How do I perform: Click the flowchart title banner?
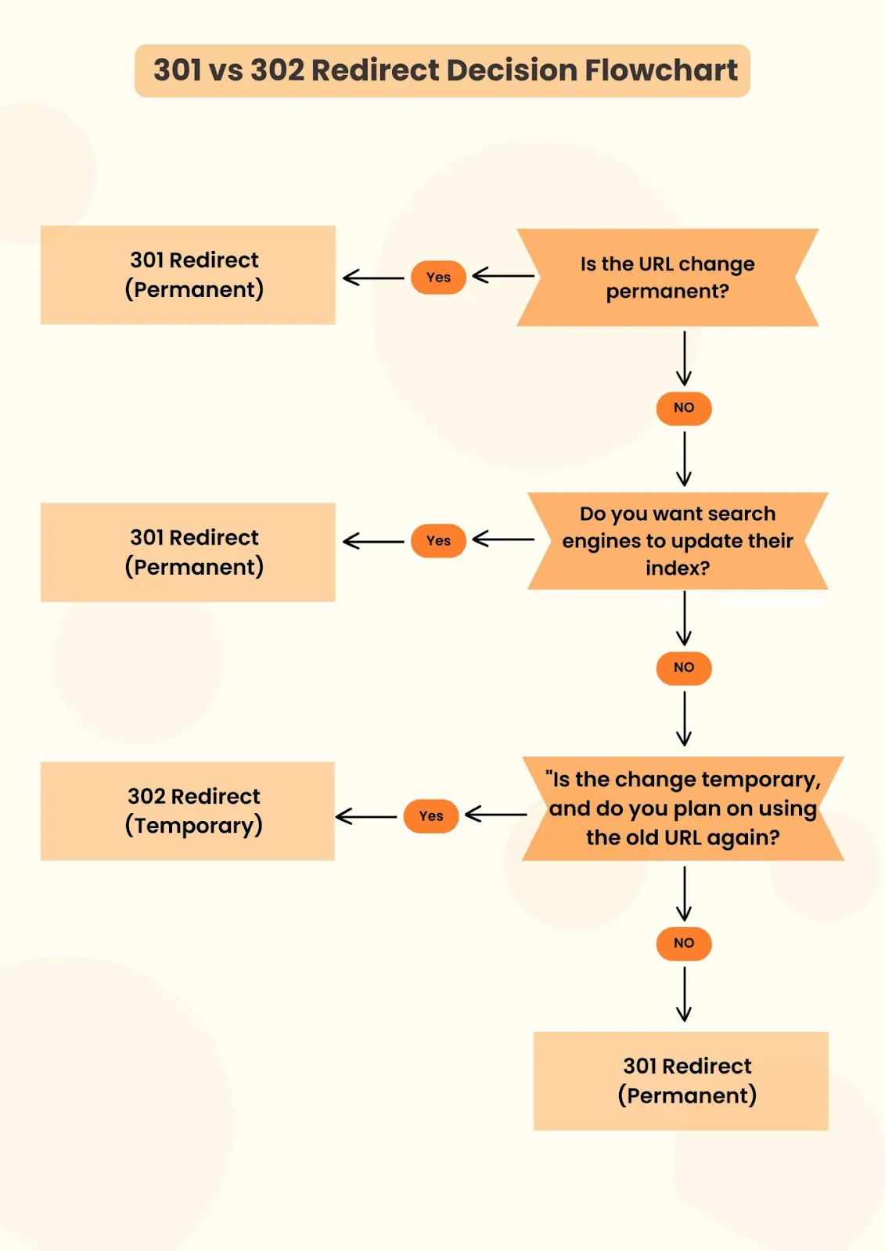pyautogui.click(x=442, y=70)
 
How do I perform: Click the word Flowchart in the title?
pyautogui.click(x=661, y=70)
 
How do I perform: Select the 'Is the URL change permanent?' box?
pyautogui.click(x=667, y=278)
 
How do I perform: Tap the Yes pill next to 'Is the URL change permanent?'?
pyautogui.click(x=438, y=278)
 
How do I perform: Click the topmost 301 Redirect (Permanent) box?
pyautogui.click(x=188, y=275)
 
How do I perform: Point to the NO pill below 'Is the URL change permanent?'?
pyautogui.click(x=684, y=408)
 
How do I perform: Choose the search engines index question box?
pyautogui.click(x=678, y=541)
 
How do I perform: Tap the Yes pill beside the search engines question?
pyautogui.click(x=438, y=541)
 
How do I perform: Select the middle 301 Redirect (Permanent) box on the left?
pyautogui.click(x=188, y=552)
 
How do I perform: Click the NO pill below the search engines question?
pyautogui.click(x=684, y=668)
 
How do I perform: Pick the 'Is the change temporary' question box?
pyautogui.click(x=683, y=808)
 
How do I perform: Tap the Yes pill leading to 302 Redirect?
pyautogui.click(x=431, y=816)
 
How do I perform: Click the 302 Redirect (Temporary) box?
pyautogui.click(x=188, y=812)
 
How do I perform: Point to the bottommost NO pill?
pyautogui.click(x=684, y=944)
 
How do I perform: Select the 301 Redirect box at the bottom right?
pyautogui.click(x=681, y=1081)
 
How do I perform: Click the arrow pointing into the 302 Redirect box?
pyautogui.click(x=366, y=816)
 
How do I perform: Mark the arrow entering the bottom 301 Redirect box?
pyautogui.click(x=684, y=995)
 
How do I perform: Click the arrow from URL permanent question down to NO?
pyautogui.click(x=684, y=358)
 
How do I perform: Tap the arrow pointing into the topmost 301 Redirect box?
pyautogui.click(x=373, y=278)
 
